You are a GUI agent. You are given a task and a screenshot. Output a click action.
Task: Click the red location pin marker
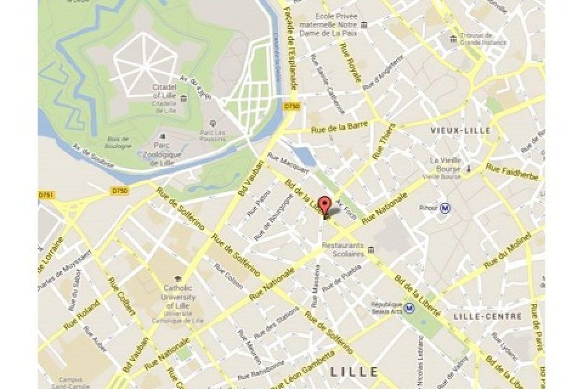click(326, 205)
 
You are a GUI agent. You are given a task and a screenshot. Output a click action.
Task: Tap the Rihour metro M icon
click(447, 208)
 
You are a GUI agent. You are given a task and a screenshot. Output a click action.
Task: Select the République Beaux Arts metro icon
click(411, 308)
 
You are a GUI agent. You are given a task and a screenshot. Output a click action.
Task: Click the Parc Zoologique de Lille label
click(161, 154)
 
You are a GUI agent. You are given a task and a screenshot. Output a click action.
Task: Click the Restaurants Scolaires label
click(343, 250)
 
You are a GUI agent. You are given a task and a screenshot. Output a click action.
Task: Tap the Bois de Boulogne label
click(117, 142)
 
